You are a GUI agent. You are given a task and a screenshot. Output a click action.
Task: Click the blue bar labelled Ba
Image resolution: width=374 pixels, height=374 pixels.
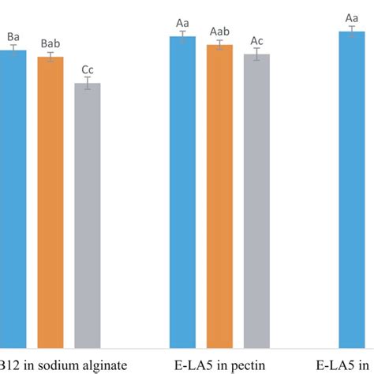pyautogui.click(x=13, y=197)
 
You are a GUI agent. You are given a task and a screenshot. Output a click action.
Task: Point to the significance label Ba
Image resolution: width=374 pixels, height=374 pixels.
pyautogui.click(x=13, y=36)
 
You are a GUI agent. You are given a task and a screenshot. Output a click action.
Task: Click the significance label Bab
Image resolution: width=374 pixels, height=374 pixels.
pyautogui.click(x=50, y=44)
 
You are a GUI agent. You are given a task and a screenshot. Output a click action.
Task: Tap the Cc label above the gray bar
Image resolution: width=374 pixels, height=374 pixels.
pyautogui.click(x=88, y=69)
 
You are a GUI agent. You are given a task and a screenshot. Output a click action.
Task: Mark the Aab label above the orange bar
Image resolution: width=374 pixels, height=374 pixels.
pyautogui.click(x=219, y=30)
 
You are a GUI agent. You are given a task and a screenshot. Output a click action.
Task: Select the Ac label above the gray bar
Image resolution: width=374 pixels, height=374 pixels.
pyautogui.click(x=256, y=40)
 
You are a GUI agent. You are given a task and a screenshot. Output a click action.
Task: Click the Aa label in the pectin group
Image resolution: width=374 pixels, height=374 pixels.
pyautogui.click(x=182, y=24)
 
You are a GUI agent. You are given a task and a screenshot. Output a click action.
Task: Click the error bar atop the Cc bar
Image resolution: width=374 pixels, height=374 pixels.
pyautogui.click(x=88, y=83)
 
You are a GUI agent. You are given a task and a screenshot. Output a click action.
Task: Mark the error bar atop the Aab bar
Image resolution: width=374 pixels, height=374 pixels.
pyautogui.click(x=219, y=45)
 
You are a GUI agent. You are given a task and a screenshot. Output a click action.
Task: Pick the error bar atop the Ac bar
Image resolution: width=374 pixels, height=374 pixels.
pyautogui.click(x=256, y=54)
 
